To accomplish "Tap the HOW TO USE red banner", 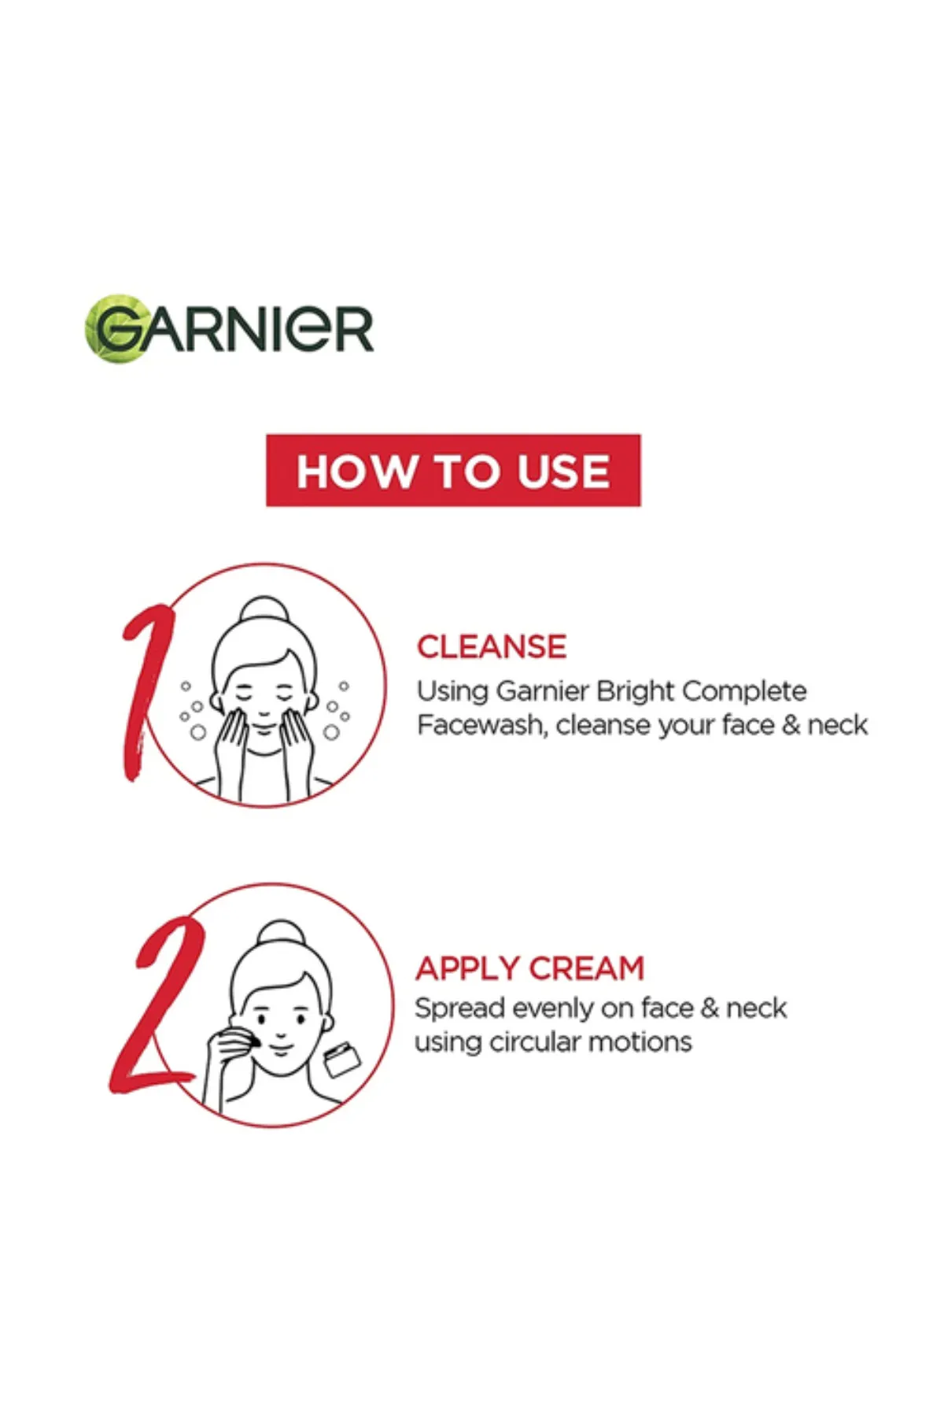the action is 453,470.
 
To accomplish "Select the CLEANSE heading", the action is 492,647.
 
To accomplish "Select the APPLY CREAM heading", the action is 530,968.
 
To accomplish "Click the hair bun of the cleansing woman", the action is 264,611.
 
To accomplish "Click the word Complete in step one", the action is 744,691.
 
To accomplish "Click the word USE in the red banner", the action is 563,471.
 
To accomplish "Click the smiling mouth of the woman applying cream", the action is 281,1047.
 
